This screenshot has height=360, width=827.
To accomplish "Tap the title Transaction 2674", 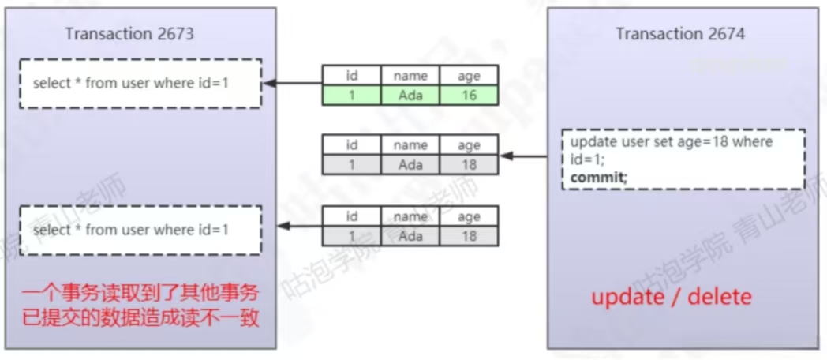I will point(679,34).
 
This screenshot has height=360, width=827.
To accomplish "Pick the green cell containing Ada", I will point(410,96).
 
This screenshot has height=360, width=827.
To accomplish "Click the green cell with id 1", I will point(352,96).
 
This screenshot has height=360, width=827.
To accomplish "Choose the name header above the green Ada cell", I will point(410,76).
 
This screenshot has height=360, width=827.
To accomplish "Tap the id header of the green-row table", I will point(352,76).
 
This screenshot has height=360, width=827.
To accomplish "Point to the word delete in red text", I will point(720,298).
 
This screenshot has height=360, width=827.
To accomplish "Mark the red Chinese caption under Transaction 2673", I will point(140,306).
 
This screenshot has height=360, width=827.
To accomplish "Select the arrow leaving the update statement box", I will point(524,156).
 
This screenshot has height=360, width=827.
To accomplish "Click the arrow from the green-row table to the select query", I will point(292,83).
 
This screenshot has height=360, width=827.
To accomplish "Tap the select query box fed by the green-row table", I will point(140,83).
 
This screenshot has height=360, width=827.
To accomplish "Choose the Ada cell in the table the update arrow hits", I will point(410,165).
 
